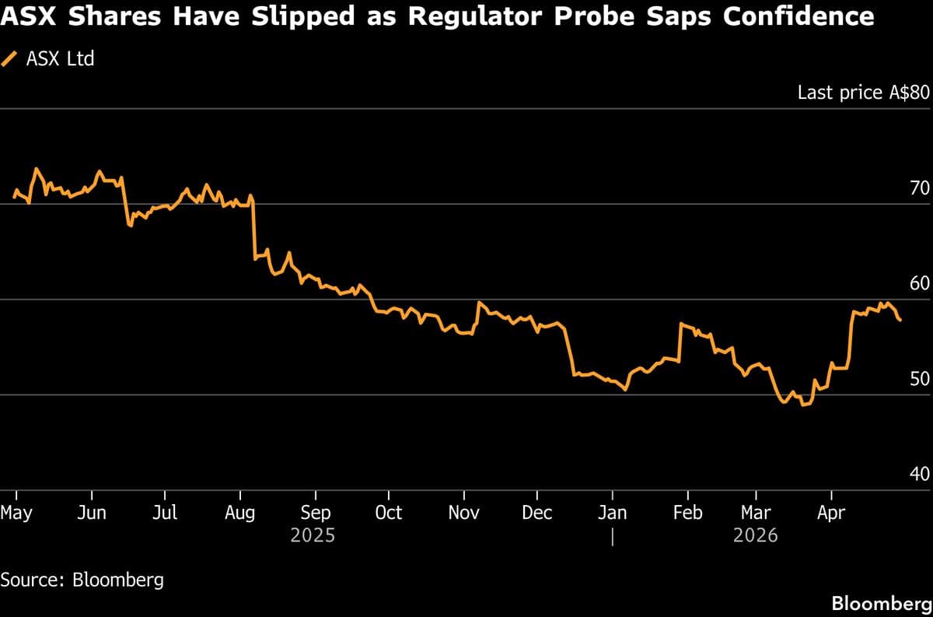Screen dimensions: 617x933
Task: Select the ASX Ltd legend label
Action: click(60, 58)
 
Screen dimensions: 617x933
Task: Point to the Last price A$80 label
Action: click(863, 93)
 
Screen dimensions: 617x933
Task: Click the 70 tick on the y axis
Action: click(919, 188)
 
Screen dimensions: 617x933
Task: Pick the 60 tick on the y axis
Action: click(919, 283)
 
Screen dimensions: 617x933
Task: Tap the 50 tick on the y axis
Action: click(919, 379)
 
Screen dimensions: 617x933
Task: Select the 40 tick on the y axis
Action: click(919, 474)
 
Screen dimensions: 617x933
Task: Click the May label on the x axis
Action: click(16, 513)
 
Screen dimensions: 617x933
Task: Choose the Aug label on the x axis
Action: click(239, 513)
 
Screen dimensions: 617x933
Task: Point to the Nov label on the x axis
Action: click(463, 513)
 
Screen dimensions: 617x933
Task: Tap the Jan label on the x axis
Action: click(613, 513)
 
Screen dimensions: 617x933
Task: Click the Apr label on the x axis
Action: click(832, 513)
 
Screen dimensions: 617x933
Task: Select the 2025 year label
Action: click(313, 536)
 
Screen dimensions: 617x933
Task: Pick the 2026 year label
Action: click(755, 536)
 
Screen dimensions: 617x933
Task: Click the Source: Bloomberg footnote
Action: click(82, 580)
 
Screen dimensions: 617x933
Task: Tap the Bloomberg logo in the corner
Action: click(881, 603)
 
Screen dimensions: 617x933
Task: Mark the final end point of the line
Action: click(900, 320)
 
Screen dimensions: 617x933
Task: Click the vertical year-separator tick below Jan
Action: click(613, 537)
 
